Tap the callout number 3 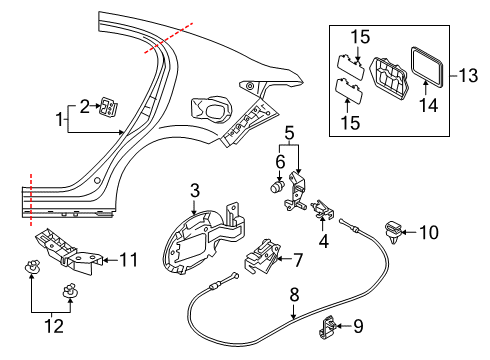(196, 190)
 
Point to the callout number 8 (293, 295)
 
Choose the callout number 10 (429, 233)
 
